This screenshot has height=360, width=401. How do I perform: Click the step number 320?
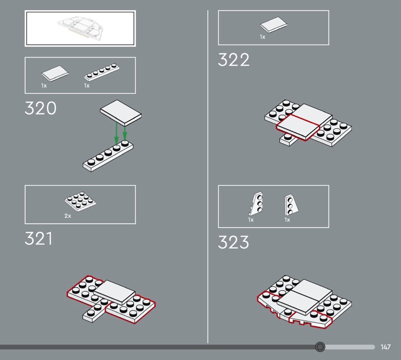41,108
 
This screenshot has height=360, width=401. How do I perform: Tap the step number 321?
39,239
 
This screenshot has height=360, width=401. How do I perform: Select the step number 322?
234,60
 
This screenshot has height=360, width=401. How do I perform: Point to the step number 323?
233,242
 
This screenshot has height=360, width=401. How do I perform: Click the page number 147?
385,347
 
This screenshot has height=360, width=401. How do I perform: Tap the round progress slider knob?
320,347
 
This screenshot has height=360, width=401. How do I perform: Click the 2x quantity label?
68,216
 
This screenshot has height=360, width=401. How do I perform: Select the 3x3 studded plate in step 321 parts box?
80,200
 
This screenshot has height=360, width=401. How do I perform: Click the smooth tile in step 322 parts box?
273,25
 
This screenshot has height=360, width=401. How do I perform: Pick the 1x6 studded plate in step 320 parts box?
102,72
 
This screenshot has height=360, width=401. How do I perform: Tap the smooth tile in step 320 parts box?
55,73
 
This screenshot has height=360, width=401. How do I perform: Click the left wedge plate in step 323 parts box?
256,204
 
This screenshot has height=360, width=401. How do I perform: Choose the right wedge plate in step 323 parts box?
291,205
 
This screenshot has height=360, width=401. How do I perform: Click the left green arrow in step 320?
116,134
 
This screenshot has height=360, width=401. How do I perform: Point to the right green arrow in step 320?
125,132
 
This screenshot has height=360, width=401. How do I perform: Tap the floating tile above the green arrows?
121,113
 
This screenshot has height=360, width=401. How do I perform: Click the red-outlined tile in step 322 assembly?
298,127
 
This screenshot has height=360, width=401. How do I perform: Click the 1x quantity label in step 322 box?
263,37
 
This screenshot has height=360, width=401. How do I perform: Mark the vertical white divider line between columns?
208,176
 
